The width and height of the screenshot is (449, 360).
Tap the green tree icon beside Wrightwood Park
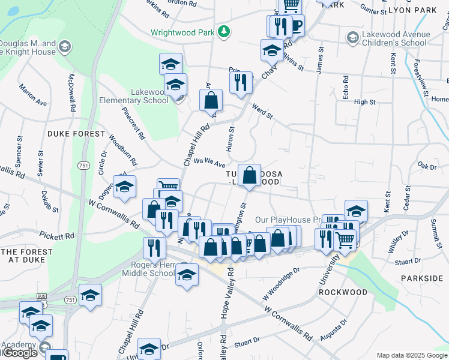(224, 31)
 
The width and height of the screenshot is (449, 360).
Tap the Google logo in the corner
(19, 353)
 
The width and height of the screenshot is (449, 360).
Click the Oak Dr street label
(427, 166)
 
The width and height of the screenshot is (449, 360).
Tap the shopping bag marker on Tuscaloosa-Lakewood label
(249, 175)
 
